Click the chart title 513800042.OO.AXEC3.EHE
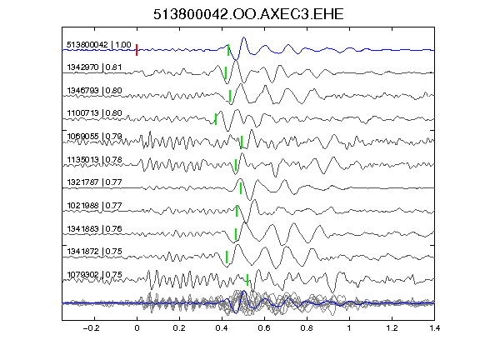pyautogui.click(x=248, y=14)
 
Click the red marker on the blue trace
pyautogui.click(x=137, y=50)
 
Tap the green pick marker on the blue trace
pyautogui.click(x=228, y=50)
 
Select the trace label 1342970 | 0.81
pyautogui.click(x=94, y=67)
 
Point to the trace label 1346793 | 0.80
pyautogui.click(x=94, y=91)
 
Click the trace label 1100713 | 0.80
pyautogui.click(x=94, y=113)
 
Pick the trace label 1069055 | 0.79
pyautogui.click(x=94, y=136)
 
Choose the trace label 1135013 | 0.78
pyautogui.click(x=94, y=160)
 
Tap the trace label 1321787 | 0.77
pyautogui.click(x=94, y=182)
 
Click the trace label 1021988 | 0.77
pyautogui.click(x=94, y=205)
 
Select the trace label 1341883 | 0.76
pyautogui.click(x=94, y=229)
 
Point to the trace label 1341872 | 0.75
pyautogui.click(x=94, y=252)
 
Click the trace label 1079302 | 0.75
pyautogui.click(x=94, y=275)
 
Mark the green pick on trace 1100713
pyautogui.click(x=216, y=119)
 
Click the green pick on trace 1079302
pyautogui.click(x=247, y=280)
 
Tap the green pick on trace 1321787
pyautogui.click(x=241, y=188)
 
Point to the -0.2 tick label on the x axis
pyautogui.click(x=91, y=328)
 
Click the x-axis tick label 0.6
pyautogui.click(x=264, y=328)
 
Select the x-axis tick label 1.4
pyautogui.click(x=434, y=328)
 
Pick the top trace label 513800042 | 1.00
pyautogui.click(x=99, y=45)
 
